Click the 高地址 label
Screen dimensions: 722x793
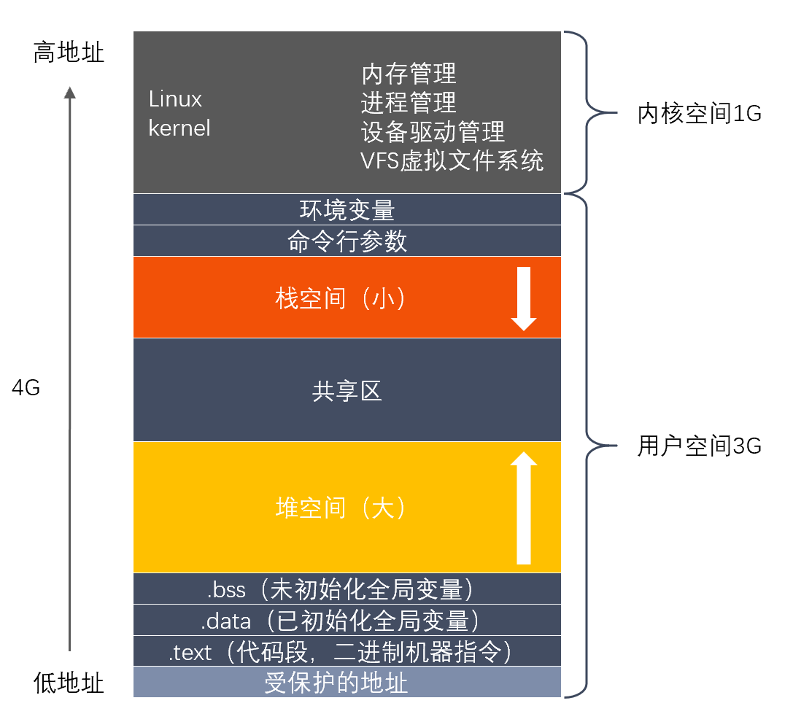69,53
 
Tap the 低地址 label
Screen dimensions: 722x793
69,683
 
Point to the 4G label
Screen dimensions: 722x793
26,388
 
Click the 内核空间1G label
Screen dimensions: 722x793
699,114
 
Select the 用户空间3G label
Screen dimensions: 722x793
699,446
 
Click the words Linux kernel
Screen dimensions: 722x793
179,114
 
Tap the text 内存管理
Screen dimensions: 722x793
409,73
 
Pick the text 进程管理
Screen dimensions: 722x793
409,102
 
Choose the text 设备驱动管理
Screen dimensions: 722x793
433,131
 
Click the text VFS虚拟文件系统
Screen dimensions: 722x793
452,160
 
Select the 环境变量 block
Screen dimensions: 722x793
347,210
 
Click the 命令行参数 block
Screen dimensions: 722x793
347,241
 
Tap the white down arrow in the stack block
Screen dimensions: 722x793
524,299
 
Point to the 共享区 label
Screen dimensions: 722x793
347,391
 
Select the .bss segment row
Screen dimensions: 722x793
347,588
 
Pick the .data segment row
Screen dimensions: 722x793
347,621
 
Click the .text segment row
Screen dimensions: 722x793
347,652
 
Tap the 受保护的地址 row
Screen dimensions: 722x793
347,683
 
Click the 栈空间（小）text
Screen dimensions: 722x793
340,298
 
